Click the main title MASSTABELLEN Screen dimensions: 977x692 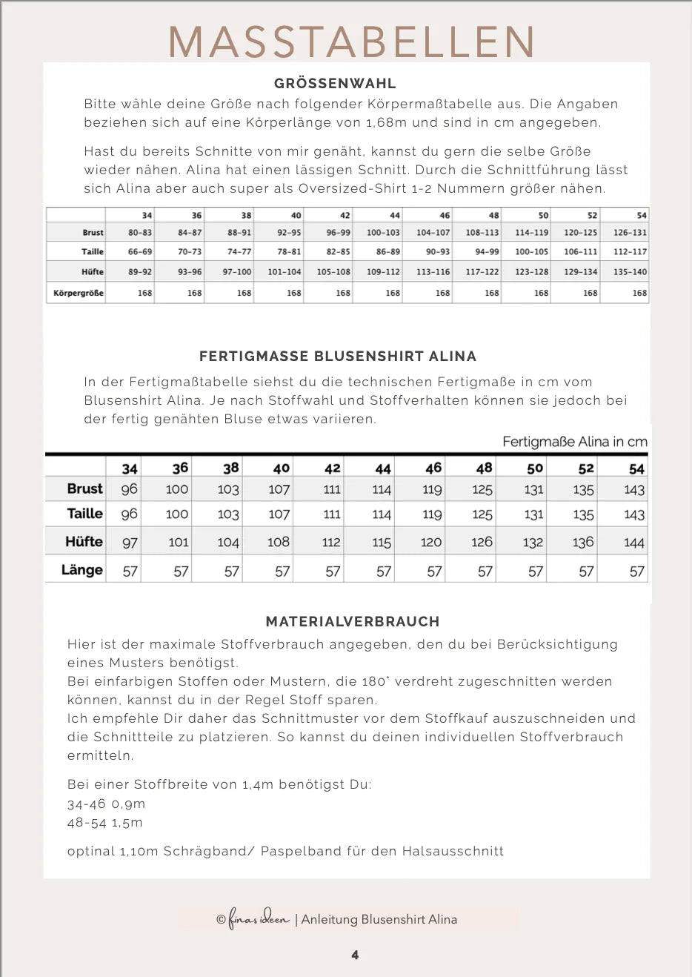[x=352, y=42]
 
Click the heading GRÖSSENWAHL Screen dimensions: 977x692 [x=335, y=84]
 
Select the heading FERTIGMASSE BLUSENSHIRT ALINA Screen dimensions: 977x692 [x=338, y=357]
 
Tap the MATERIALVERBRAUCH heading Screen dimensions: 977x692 [x=353, y=622]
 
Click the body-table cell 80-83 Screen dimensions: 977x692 [x=140, y=233]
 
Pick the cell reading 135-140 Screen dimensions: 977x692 [x=630, y=272]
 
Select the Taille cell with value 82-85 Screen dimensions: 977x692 [x=339, y=252]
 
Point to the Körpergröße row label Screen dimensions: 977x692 [x=79, y=293]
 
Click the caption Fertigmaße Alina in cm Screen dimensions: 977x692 [x=575, y=442]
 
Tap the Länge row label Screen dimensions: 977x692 [x=82, y=570]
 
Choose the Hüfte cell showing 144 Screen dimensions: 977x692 [x=634, y=543]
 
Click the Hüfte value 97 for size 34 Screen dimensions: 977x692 [x=130, y=543]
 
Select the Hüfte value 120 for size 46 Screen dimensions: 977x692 [x=431, y=543]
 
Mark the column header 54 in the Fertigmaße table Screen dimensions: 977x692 [x=636, y=468]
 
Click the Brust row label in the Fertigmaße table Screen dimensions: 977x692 [x=84, y=488]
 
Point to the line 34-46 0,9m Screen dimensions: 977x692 [x=106, y=804]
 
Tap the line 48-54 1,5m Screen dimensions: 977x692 [x=105, y=823]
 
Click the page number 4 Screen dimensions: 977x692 [x=355, y=955]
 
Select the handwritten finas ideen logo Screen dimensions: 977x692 [x=259, y=919]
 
